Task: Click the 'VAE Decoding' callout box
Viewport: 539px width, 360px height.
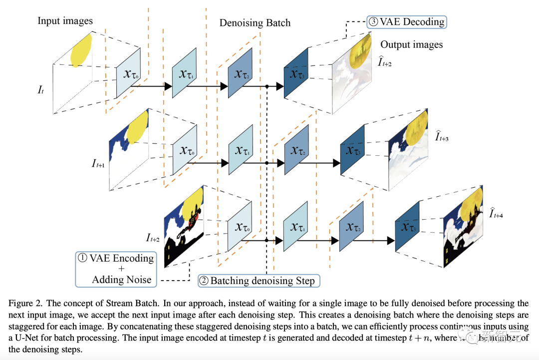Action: pyautogui.click(x=406, y=22)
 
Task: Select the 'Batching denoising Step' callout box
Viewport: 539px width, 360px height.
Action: pyautogui.click(x=258, y=281)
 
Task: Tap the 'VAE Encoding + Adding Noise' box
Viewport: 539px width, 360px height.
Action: pyautogui.click(x=115, y=269)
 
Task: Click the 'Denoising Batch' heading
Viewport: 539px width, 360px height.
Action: pyautogui.click(x=255, y=23)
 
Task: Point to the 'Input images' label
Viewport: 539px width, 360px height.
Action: pyautogui.click(x=65, y=21)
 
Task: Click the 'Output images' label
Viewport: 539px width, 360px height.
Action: pyautogui.click(x=411, y=44)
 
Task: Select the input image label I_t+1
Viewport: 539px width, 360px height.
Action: pyautogui.click(x=98, y=164)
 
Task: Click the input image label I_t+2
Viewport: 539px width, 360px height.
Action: pyautogui.click(x=153, y=238)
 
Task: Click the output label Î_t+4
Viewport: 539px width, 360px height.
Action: pyautogui.click(x=496, y=214)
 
